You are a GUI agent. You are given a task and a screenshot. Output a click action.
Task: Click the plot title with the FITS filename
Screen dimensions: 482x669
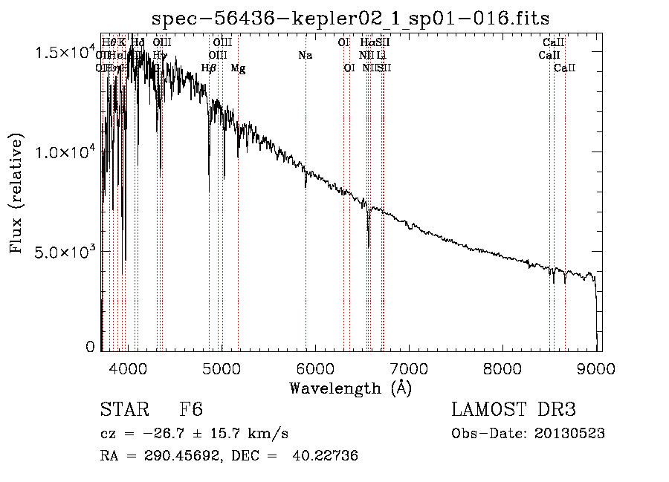(350, 18)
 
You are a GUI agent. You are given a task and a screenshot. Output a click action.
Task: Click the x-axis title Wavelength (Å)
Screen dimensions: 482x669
(350, 388)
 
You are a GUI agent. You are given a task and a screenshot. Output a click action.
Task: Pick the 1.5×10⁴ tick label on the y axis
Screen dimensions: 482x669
(66, 53)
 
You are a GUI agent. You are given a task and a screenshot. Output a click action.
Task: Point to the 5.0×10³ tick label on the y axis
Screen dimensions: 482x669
(66, 251)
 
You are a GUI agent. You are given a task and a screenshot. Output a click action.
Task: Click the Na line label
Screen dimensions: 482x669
(306, 56)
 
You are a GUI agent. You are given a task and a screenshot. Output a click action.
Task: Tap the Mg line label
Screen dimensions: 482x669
(238, 68)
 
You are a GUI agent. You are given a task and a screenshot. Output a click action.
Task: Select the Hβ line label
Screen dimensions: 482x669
(209, 68)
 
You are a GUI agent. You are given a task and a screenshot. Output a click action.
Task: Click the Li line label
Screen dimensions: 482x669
(381, 56)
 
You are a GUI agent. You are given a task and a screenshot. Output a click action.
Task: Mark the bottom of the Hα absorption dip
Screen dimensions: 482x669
(369, 246)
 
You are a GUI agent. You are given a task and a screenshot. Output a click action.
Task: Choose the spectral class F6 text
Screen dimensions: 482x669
(191, 410)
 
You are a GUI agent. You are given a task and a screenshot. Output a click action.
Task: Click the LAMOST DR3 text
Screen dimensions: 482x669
(514, 410)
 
